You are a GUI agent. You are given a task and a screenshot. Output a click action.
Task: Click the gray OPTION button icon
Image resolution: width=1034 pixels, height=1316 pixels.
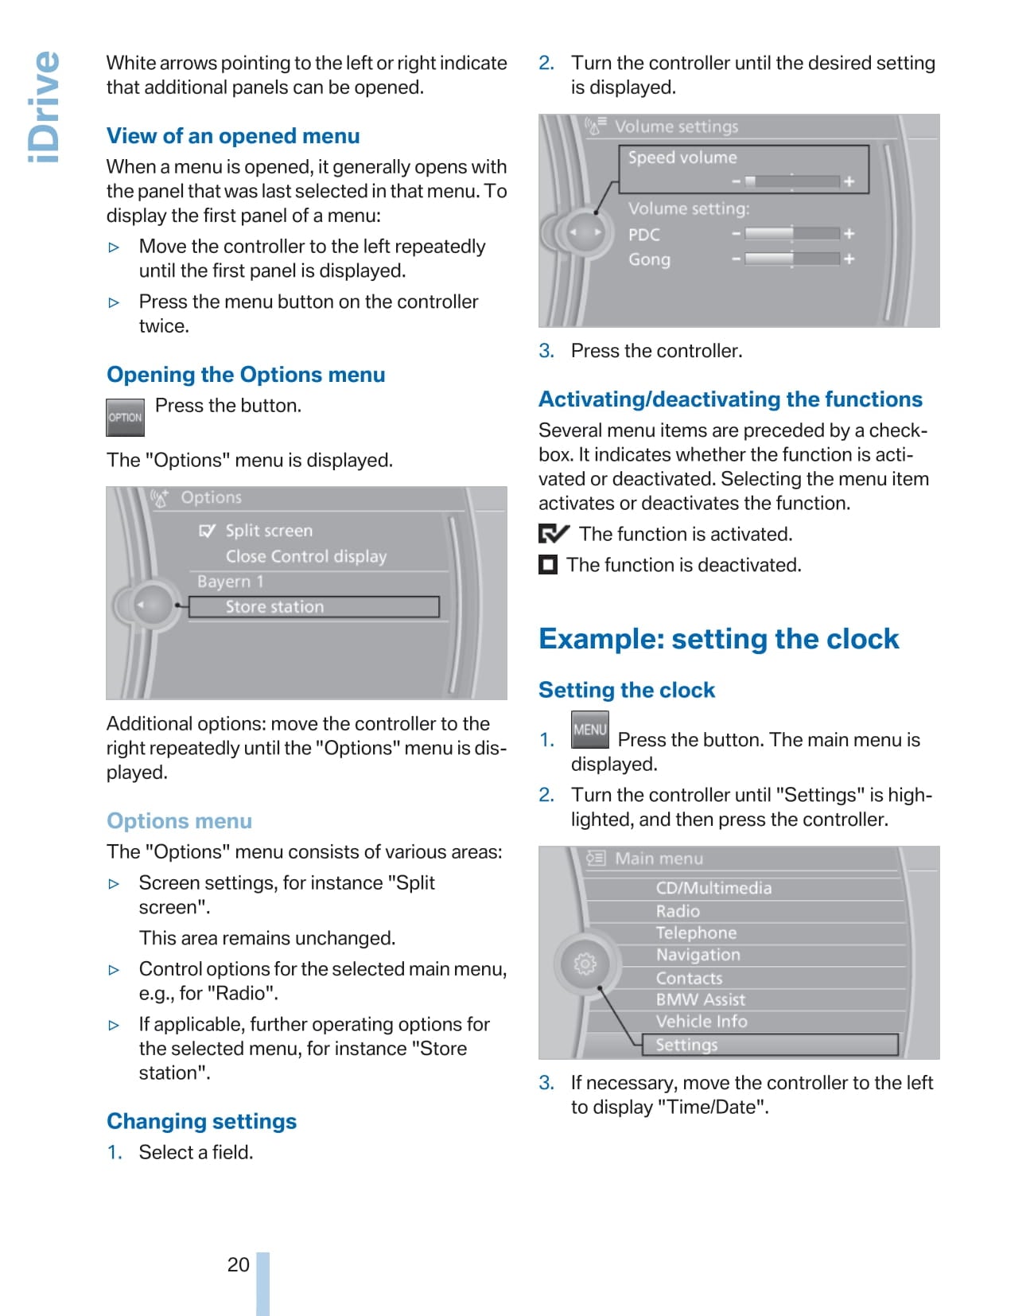(125, 418)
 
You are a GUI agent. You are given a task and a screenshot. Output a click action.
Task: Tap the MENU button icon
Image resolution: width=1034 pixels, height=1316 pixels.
(589, 730)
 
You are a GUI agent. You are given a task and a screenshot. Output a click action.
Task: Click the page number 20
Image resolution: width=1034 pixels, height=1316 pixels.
(238, 1264)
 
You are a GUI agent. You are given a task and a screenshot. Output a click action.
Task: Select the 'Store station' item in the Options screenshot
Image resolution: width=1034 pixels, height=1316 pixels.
(274, 607)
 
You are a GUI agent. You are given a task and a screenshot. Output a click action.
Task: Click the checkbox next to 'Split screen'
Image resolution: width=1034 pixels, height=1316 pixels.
(207, 531)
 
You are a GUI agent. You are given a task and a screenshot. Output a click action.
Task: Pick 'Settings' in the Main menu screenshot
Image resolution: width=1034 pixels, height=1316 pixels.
(686, 1045)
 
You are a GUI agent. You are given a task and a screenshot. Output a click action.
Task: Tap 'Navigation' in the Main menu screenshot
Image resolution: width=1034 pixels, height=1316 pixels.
(698, 955)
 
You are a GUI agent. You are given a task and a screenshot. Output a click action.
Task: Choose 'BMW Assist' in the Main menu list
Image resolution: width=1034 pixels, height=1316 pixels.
(700, 999)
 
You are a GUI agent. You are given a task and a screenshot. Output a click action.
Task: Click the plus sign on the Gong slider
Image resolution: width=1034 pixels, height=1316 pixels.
(849, 259)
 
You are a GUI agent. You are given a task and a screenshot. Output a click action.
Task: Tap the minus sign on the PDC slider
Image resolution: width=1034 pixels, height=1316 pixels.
(736, 234)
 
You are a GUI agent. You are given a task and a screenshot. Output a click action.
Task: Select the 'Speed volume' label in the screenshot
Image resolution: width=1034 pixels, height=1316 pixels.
(682, 158)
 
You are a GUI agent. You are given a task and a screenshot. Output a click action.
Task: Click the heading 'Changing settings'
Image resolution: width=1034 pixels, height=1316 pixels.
(201, 1121)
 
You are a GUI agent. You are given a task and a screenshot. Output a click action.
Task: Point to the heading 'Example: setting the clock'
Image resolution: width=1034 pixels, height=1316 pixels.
(718, 639)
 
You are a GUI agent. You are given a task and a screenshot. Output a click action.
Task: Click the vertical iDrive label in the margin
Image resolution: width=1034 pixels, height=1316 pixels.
(44, 107)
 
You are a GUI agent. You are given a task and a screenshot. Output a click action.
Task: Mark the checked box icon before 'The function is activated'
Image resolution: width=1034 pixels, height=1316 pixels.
(554, 534)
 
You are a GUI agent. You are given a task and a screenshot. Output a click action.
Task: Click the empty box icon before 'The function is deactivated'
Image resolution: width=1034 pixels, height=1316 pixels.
(548, 565)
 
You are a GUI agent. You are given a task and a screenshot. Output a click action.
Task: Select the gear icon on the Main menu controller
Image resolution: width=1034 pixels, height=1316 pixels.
(585, 964)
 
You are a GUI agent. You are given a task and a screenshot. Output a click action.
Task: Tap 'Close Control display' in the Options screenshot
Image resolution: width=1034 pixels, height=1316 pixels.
(305, 556)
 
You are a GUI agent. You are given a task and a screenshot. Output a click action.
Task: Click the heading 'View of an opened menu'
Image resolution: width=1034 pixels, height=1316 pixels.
(233, 136)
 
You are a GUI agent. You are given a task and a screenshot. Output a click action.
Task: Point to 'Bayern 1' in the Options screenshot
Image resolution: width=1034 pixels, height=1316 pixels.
(230, 582)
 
